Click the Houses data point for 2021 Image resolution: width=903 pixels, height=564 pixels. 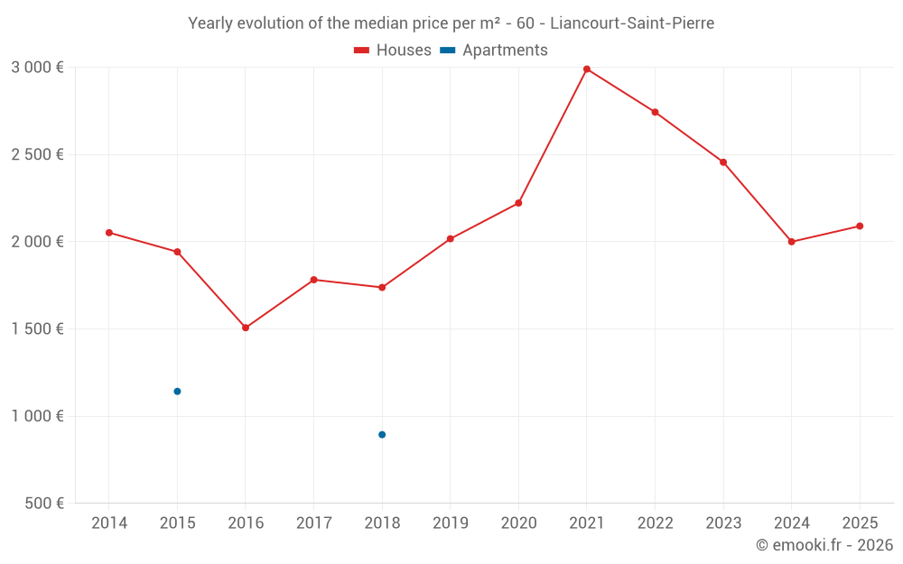point(587,69)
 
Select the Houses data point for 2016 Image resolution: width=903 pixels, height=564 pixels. point(246,328)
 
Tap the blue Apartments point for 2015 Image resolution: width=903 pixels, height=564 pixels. point(177,392)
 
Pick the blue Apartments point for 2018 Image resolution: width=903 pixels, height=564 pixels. point(382,435)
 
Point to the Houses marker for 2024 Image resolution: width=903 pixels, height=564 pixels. point(792,242)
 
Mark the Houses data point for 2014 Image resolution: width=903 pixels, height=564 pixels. point(109,233)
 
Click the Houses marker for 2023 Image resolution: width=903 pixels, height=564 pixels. point(723,162)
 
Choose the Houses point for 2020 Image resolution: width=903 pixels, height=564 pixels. point(518,203)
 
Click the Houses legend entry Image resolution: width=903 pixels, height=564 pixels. point(393,51)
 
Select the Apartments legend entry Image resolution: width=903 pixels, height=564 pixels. point(495,51)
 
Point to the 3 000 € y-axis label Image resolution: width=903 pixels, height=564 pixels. point(37,68)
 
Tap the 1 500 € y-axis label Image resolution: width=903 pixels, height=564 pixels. point(37,328)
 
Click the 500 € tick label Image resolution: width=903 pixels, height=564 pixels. point(43,504)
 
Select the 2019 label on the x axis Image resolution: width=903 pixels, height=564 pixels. point(451,523)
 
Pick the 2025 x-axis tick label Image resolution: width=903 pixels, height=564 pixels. point(860,523)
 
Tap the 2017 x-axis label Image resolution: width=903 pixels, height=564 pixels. point(313,523)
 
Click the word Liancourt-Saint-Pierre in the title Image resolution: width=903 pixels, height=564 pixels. point(632,23)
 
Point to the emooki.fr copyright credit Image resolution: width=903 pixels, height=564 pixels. point(824,545)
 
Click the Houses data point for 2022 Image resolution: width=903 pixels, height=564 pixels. point(655,112)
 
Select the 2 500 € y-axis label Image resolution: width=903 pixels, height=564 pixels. point(37,154)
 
